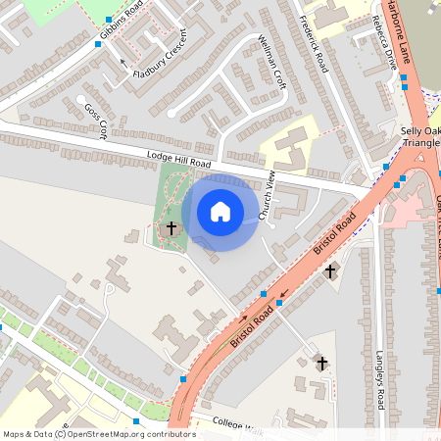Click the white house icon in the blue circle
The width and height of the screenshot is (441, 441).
pos(220,211)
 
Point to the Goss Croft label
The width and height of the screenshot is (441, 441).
pos(95,122)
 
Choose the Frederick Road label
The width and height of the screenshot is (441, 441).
pos(313,44)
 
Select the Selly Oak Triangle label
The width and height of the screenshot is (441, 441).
pos(419,136)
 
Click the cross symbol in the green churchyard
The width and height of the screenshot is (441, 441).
pos(171,228)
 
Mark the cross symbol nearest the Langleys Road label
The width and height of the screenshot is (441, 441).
pos(330,270)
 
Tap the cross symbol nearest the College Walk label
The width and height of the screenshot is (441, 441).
pos(321,364)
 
